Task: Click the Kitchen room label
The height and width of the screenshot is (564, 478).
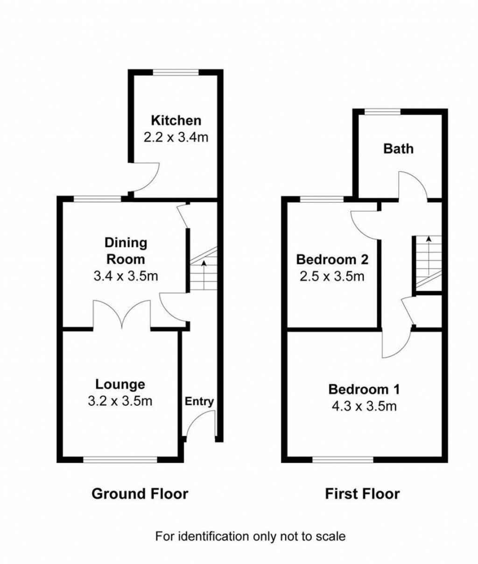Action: (x=176, y=120)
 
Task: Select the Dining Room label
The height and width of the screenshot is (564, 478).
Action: (x=126, y=251)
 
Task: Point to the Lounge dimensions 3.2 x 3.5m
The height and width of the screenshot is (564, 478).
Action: (x=120, y=401)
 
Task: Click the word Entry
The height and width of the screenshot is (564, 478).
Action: (x=199, y=401)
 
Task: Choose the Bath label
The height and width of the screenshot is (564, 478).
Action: (x=398, y=148)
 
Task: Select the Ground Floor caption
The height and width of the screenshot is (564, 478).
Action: (x=140, y=493)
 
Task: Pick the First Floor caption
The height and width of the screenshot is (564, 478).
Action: (x=362, y=493)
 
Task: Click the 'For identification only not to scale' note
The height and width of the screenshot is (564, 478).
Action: (x=250, y=536)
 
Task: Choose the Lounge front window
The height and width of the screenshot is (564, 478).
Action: (x=120, y=460)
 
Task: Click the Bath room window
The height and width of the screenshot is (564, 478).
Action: (x=382, y=111)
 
